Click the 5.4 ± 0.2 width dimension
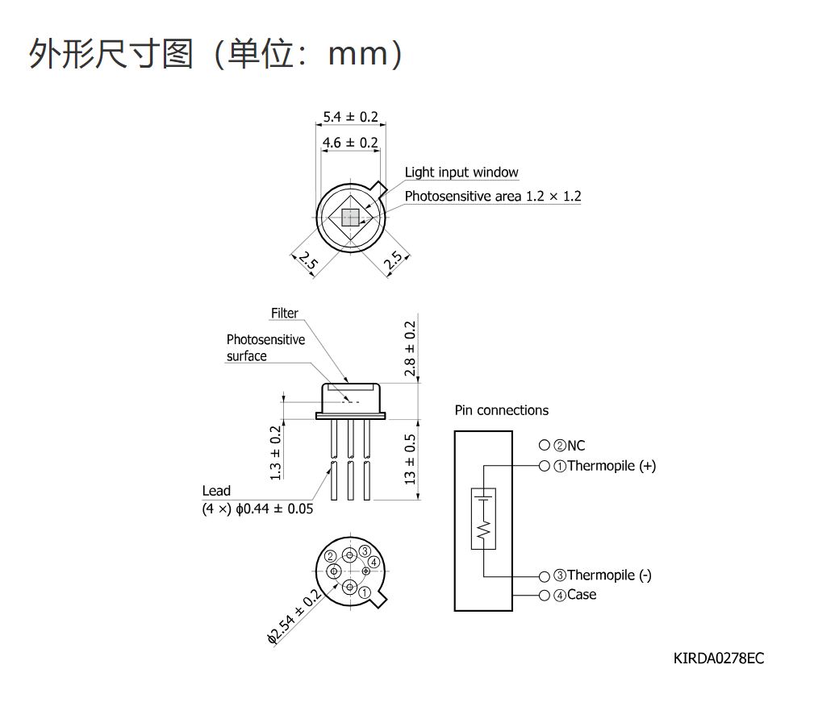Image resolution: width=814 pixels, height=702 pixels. [350, 117]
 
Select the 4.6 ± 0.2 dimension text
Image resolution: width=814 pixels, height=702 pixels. [350, 143]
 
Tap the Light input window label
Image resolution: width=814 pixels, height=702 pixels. [461, 172]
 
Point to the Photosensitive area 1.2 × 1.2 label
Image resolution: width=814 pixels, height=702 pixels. [493, 197]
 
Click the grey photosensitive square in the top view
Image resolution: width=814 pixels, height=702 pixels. [350, 218]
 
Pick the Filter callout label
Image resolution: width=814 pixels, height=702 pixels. [285, 314]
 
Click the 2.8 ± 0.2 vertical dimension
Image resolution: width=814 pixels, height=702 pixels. [410, 348]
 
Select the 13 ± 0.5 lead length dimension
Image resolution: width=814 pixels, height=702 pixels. [410, 459]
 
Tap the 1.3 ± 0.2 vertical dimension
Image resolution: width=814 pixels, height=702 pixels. [275, 453]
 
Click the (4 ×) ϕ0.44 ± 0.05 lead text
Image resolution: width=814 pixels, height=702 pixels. [257, 509]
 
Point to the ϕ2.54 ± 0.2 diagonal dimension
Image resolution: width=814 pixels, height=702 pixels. [294, 617]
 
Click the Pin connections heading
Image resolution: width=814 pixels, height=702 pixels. [502, 410]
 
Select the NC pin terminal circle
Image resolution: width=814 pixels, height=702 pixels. [544, 445]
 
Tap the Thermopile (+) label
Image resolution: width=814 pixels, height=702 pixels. [612, 466]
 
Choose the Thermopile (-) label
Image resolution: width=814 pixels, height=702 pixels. [609, 575]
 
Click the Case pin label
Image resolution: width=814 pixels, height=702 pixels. [582, 595]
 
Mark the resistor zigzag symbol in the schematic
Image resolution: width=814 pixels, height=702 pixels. [483, 530]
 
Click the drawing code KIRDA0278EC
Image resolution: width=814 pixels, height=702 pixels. [719, 658]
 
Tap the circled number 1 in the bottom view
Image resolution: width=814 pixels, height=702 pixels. [365, 592]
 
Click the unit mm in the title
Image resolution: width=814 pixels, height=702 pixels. [358, 54]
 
